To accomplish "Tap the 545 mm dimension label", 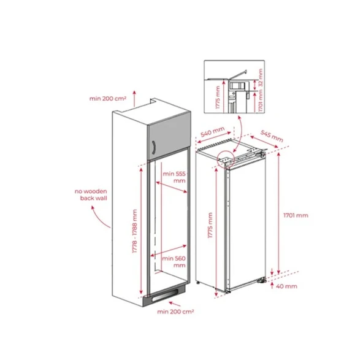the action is point(272,136).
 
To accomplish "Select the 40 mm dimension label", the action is point(286,286).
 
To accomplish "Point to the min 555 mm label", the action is point(174,177).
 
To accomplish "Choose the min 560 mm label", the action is point(174,262).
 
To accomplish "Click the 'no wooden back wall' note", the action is point(91,194).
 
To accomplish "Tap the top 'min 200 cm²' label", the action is point(108,99).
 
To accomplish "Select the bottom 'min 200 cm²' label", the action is point(175,312).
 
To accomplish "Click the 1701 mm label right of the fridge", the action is point(296,215).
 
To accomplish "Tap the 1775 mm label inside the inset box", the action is point(218,98).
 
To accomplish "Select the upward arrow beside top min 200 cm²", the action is point(134,98).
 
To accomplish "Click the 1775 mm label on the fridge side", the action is point(210,225).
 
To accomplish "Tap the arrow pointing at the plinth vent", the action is point(174,304).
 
